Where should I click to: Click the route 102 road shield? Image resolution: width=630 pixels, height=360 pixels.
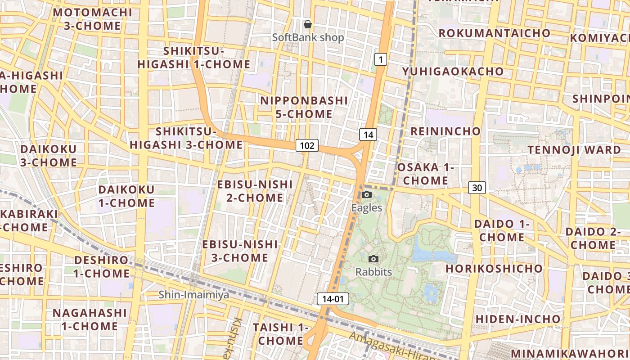307,145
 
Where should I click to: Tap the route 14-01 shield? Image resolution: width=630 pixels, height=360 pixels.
333,299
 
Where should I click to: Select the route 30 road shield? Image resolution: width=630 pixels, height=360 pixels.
477,187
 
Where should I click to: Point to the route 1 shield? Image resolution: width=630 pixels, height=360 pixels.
381,59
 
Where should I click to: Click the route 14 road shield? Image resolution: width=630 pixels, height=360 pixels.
368,135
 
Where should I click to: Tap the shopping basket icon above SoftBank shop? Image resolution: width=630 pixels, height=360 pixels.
308,24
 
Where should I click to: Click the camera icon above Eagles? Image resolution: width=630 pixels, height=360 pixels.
367,194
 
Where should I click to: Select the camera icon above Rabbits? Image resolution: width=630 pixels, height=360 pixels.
373,259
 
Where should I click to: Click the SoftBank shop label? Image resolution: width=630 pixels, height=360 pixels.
308,37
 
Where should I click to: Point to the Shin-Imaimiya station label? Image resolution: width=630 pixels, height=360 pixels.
194,295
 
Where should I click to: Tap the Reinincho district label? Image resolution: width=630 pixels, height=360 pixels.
445,131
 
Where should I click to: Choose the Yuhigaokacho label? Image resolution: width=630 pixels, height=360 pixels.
453,72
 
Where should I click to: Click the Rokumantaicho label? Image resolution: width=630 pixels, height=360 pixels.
494,33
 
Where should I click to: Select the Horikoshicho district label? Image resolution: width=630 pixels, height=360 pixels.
494,269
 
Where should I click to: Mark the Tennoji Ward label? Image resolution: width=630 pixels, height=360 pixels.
574,149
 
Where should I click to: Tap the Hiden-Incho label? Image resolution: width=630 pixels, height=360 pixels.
518,319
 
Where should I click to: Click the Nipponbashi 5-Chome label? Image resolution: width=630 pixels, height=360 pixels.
304,107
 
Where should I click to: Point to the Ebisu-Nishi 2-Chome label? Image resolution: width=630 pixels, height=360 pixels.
255,191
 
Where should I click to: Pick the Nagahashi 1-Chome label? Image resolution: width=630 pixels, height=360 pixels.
90,319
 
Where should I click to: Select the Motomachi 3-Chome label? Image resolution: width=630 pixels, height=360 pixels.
92,19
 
